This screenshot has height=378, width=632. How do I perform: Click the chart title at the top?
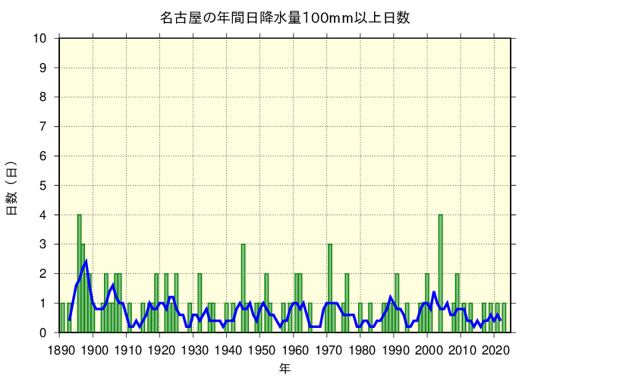tap(285, 17)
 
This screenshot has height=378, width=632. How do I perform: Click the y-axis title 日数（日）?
tap(12, 187)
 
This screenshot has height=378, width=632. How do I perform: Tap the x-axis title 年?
tap(285, 368)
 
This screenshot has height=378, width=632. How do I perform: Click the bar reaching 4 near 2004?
tap(441, 273)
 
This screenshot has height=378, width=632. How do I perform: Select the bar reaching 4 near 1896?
tap(79, 273)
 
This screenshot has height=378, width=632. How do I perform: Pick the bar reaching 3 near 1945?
tap(243, 288)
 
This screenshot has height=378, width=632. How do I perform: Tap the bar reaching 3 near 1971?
tap(330, 288)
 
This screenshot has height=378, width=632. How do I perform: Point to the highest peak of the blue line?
tap(86, 262)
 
